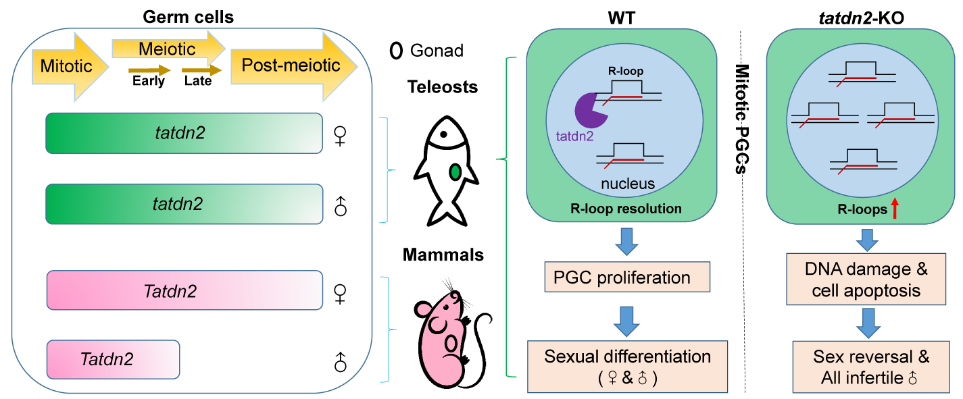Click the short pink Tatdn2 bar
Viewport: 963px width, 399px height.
[113, 359]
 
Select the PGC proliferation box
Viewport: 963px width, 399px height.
[627, 277]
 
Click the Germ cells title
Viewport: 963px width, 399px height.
[188, 18]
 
